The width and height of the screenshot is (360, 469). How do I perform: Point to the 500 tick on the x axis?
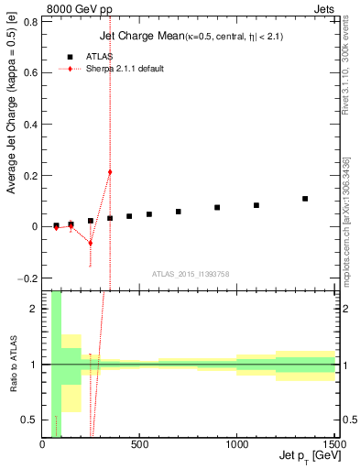(139, 445)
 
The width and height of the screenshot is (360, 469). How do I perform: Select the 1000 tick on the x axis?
(236, 445)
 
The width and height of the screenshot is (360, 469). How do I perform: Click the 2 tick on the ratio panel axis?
(35, 309)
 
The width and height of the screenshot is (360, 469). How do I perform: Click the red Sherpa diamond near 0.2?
(110, 172)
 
